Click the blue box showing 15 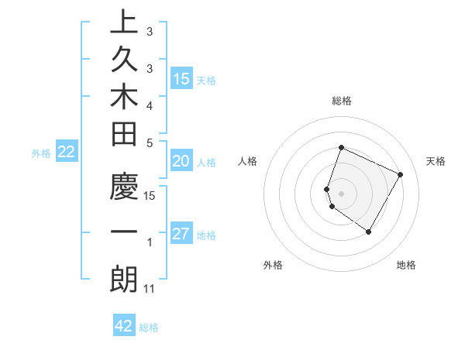click(x=181, y=78)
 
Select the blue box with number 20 click(x=181, y=161)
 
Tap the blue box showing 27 click(x=181, y=234)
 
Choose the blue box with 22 click(x=67, y=152)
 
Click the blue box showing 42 click(x=124, y=325)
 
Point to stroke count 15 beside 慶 click(x=150, y=195)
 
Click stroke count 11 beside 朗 click(x=150, y=289)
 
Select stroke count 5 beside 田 click(x=150, y=143)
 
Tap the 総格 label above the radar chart click(x=342, y=101)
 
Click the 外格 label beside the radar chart click(x=273, y=265)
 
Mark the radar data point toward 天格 click(x=400, y=175)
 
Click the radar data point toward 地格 click(x=369, y=232)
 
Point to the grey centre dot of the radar click(x=342, y=193)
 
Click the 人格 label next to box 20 click(x=206, y=163)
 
